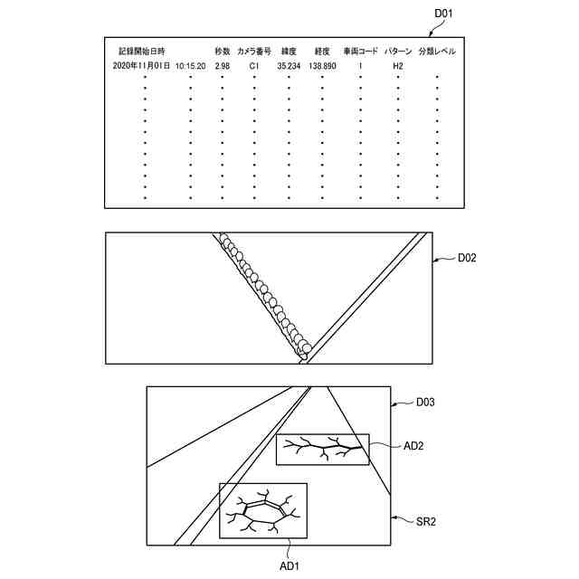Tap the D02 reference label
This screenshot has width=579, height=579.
tap(467, 258)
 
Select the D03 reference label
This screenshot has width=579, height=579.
tap(425, 401)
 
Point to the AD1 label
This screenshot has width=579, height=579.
tap(289, 565)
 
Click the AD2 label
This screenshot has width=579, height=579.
tap(414, 446)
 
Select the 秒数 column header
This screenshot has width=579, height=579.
tap(223, 52)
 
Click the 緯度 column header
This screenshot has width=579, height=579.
tap(289, 52)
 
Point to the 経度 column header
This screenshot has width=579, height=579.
tap(322, 52)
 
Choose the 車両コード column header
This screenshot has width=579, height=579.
tap(360, 52)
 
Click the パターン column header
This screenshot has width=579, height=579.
tap(398, 52)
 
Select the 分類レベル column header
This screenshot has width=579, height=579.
tap(437, 52)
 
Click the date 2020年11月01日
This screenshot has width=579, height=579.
tap(142, 66)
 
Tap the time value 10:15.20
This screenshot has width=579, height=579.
tap(191, 66)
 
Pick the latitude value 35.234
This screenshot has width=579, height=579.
tap(289, 66)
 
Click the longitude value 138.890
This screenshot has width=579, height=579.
tap(322, 66)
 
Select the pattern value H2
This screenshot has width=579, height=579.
tap(397, 66)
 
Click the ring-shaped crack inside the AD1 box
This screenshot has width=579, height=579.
tap(262, 513)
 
